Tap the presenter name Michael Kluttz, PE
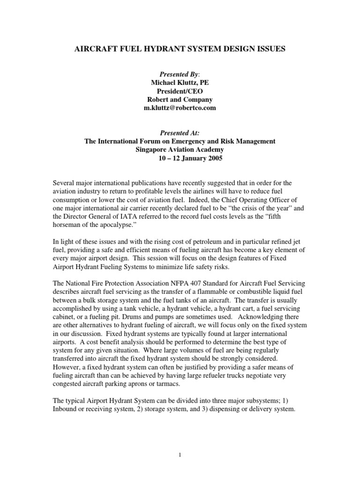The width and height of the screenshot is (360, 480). tap(180, 82)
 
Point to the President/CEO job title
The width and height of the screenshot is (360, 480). tap(180, 91)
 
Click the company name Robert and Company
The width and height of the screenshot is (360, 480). tap(180, 99)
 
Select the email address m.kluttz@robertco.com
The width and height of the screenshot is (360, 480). tap(180, 108)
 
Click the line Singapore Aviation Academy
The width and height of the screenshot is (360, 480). tap(180, 150)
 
